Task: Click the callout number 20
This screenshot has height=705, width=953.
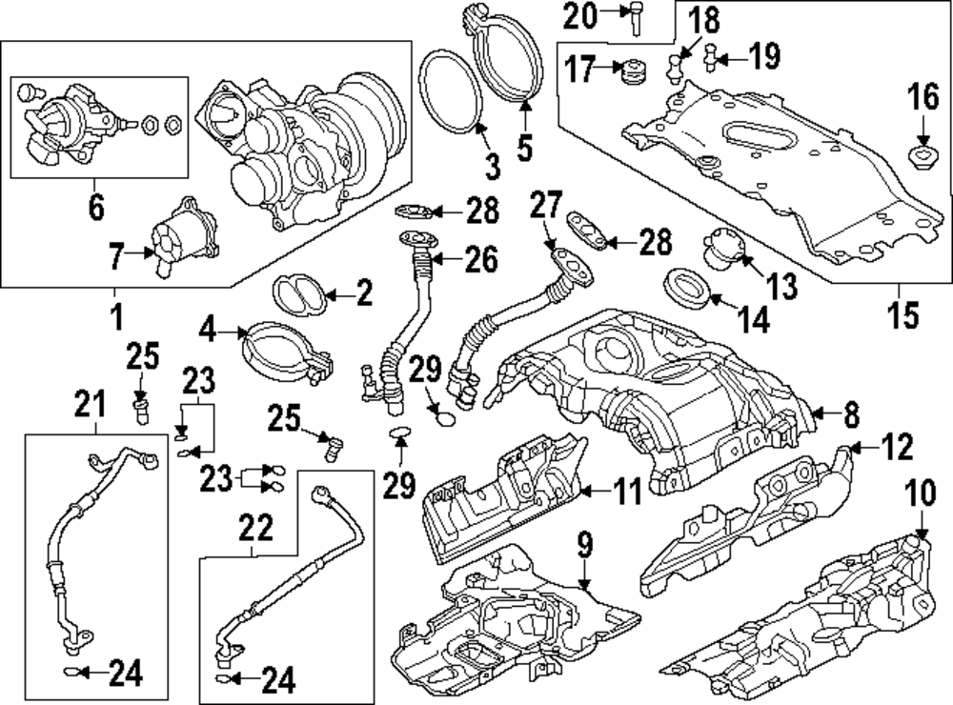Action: coord(579,16)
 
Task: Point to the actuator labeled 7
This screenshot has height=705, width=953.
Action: coord(184,235)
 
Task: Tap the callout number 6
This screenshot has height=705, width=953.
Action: coord(96,208)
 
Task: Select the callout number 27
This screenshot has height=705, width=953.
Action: coord(546,205)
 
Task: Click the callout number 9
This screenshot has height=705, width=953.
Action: coord(584,545)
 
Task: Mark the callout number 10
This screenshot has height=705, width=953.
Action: coord(921,493)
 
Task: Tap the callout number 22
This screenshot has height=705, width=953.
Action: coord(255,529)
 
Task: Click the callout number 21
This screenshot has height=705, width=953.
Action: coord(90,404)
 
